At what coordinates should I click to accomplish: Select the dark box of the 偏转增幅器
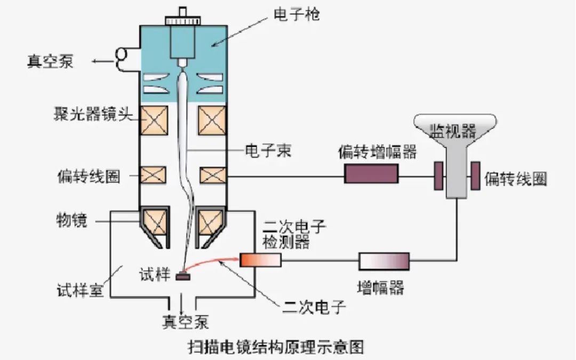371,173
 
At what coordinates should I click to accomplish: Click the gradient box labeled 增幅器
384,261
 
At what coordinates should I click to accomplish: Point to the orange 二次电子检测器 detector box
260,260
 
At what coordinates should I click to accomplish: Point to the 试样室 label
79,291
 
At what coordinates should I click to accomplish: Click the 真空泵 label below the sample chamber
185,322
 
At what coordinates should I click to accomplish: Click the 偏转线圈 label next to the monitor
515,179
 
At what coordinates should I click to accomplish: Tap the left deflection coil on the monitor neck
438,174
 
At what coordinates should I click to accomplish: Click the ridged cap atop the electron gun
183,20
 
